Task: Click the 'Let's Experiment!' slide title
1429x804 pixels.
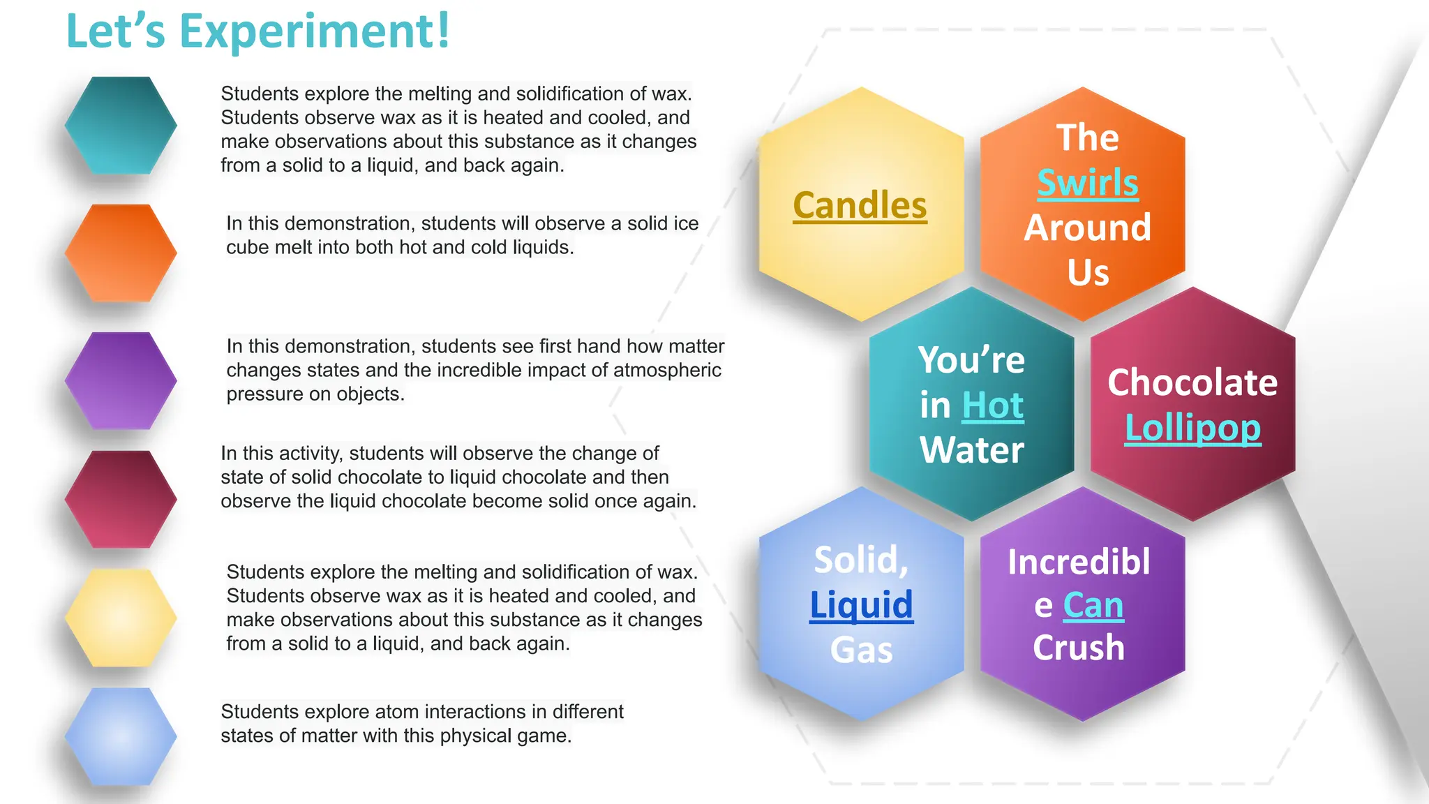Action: point(258,32)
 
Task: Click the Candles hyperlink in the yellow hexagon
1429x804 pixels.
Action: point(860,206)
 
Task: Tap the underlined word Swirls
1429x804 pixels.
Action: point(1087,183)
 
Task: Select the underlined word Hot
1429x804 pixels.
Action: point(992,405)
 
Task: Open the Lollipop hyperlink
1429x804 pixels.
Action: point(1192,428)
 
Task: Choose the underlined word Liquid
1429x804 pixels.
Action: point(861,604)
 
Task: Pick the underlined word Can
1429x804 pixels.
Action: point(1093,605)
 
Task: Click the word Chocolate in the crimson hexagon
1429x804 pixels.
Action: point(1192,382)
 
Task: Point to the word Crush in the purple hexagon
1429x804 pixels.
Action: point(1079,648)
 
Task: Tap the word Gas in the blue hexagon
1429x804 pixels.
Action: point(861,650)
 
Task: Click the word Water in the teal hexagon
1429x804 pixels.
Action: point(971,450)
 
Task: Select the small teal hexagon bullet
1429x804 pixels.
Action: point(121,126)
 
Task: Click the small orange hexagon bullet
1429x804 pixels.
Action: point(121,253)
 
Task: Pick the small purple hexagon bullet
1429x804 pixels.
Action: point(121,380)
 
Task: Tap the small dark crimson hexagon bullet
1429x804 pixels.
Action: point(121,499)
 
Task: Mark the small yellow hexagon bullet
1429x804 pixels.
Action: point(121,618)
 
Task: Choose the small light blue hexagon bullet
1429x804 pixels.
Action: point(121,736)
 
